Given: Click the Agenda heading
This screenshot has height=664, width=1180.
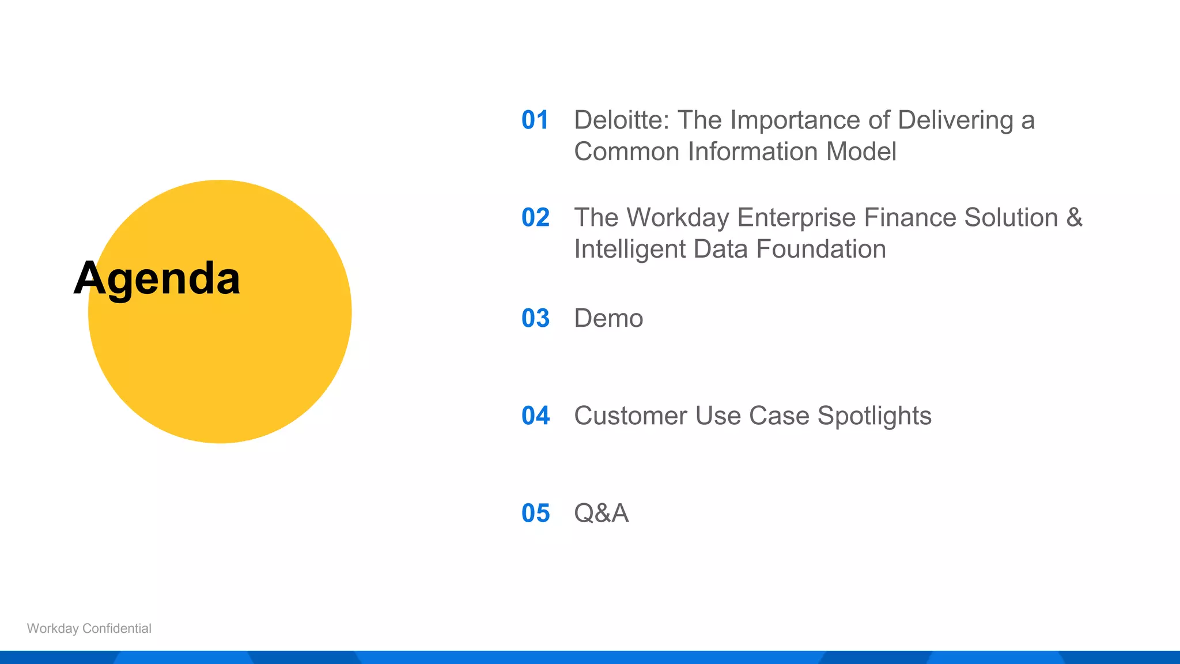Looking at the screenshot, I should [x=157, y=279].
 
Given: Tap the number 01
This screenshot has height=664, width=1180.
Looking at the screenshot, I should [x=535, y=120].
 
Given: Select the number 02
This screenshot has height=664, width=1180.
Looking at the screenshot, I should [x=535, y=218].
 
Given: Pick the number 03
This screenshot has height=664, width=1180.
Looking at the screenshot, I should [x=535, y=319].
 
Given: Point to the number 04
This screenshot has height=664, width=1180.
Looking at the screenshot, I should [x=535, y=416].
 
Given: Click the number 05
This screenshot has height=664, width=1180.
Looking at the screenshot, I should [x=535, y=514].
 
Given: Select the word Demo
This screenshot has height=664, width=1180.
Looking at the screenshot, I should [x=608, y=319].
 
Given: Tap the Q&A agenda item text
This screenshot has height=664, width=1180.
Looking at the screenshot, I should [x=601, y=514].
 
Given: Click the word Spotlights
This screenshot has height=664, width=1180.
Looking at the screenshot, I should [x=874, y=416].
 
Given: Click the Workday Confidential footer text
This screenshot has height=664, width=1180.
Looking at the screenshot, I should [x=89, y=629].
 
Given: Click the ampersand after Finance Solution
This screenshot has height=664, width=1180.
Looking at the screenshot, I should [x=1074, y=218].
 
